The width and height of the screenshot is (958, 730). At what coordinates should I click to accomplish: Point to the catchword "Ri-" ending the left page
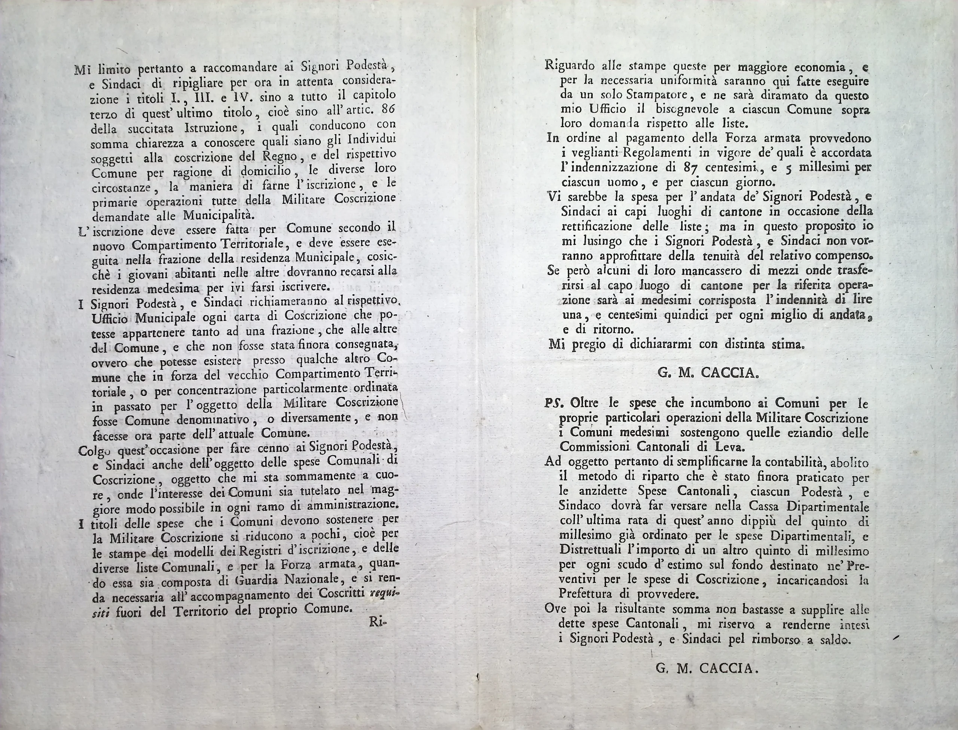click(x=378, y=623)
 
